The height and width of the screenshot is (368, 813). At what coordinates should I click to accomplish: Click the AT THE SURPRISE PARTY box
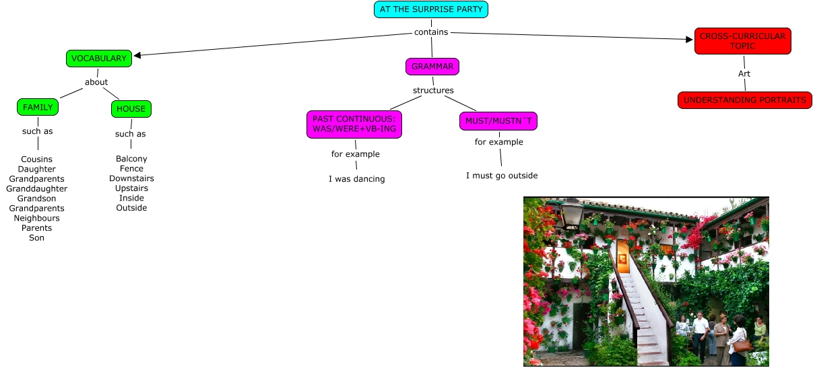pos(431,9)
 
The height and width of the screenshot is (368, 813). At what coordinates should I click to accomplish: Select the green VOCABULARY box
pos(98,59)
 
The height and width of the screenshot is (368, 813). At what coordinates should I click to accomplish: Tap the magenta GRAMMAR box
pos(432,67)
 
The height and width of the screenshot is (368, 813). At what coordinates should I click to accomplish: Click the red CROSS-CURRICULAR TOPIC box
pos(742,41)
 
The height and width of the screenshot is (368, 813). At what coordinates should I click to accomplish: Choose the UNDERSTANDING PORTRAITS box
pos(744,100)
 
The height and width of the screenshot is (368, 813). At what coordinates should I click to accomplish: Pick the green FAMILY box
pos(38,107)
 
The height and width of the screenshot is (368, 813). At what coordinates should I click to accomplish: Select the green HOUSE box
pos(131,108)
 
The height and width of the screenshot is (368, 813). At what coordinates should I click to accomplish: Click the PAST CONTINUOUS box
pos(354,124)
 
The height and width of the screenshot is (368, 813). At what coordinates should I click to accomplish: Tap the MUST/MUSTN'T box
pos(498,121)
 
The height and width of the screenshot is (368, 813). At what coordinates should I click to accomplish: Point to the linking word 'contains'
pos(431,32)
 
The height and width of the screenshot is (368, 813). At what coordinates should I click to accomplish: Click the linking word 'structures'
pos(433,90)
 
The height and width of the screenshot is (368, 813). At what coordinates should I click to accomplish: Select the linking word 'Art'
pos(744,73)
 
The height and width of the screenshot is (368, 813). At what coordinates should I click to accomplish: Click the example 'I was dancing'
pos(356,179)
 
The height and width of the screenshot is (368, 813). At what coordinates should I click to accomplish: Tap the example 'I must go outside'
pos(502,176)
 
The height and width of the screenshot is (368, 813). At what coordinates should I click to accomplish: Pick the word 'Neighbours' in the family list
pos(36,218)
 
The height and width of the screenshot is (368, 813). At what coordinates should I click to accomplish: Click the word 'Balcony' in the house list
pos(131,159)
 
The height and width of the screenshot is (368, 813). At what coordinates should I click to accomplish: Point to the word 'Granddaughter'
pos(36,189)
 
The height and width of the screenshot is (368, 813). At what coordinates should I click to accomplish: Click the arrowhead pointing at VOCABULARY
pos(137,56)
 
